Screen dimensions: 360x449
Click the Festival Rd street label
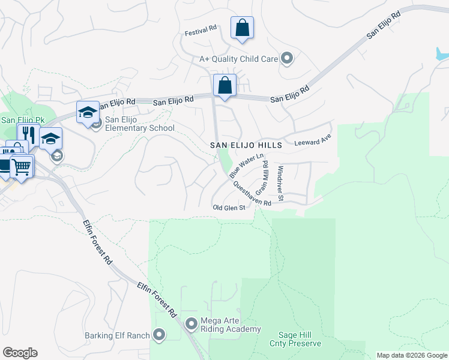click(200, 29)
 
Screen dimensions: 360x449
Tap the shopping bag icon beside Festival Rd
click(242, 28)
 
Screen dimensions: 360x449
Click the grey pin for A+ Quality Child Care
click(287, 58)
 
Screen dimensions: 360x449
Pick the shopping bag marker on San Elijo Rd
click(224, 86)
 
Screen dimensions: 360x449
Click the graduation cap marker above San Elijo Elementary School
click(88, 112)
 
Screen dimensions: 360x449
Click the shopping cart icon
click(22, 166)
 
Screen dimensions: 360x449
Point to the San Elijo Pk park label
click(16, 119)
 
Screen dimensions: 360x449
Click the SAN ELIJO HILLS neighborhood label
click(246, 146)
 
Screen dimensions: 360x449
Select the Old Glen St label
click(229, 208)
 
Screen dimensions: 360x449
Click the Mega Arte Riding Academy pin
click(191, 325)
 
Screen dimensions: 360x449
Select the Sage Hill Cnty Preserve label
click(300, 339)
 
